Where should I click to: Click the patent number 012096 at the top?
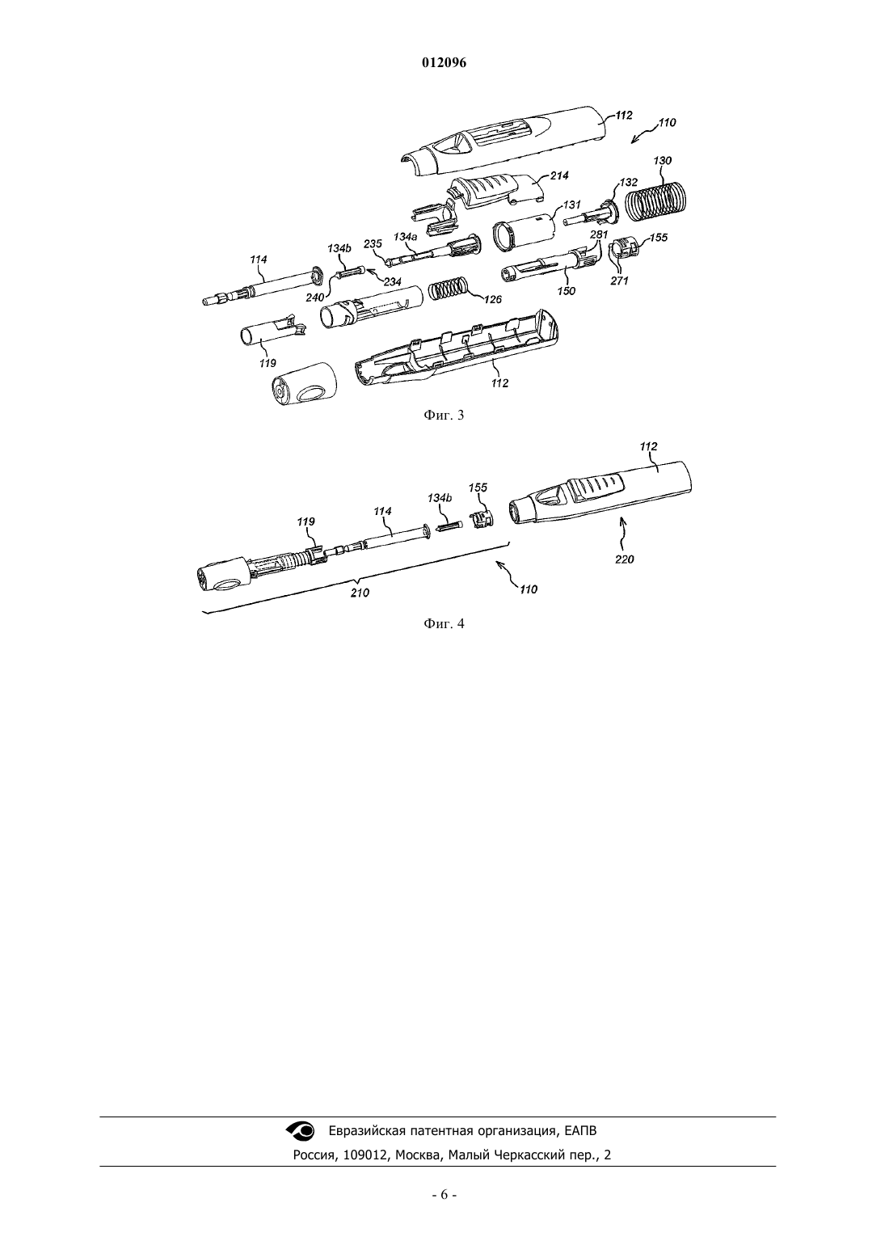tap(444, 63)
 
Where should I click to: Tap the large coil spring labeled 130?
tap(655, 201)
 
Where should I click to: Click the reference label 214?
tap(559, 175)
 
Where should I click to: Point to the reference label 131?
tap(572, 205)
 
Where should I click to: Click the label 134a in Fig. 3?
tap(404, 237)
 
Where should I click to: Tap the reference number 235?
tap(373, 243)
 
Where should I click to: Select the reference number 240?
tap(315, 298)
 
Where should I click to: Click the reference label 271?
tap(619, 281)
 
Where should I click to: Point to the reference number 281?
tap(600, 234)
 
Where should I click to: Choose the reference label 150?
tap(567, 291)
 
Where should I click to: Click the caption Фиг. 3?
tap(444, 416)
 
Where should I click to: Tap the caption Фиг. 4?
tap(444, 624)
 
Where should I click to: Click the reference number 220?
tap(624, 559)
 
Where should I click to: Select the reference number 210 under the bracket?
tap(360, 593)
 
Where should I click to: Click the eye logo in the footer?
tap(301, 1131)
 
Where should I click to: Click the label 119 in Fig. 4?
tap(305, 521)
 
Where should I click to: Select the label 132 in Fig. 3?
tap(629, 183)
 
